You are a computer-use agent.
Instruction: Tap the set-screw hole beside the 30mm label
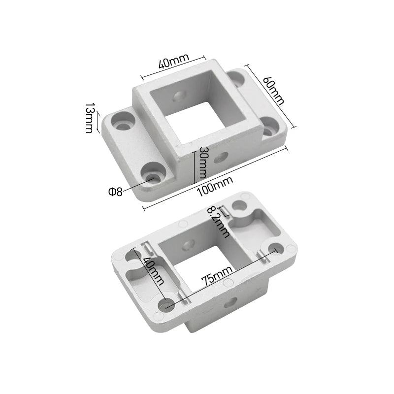tap(221, 157)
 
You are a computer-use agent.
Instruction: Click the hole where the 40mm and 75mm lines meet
tap(166, 304)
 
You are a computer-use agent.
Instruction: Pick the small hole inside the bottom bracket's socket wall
tap(188, 245)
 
